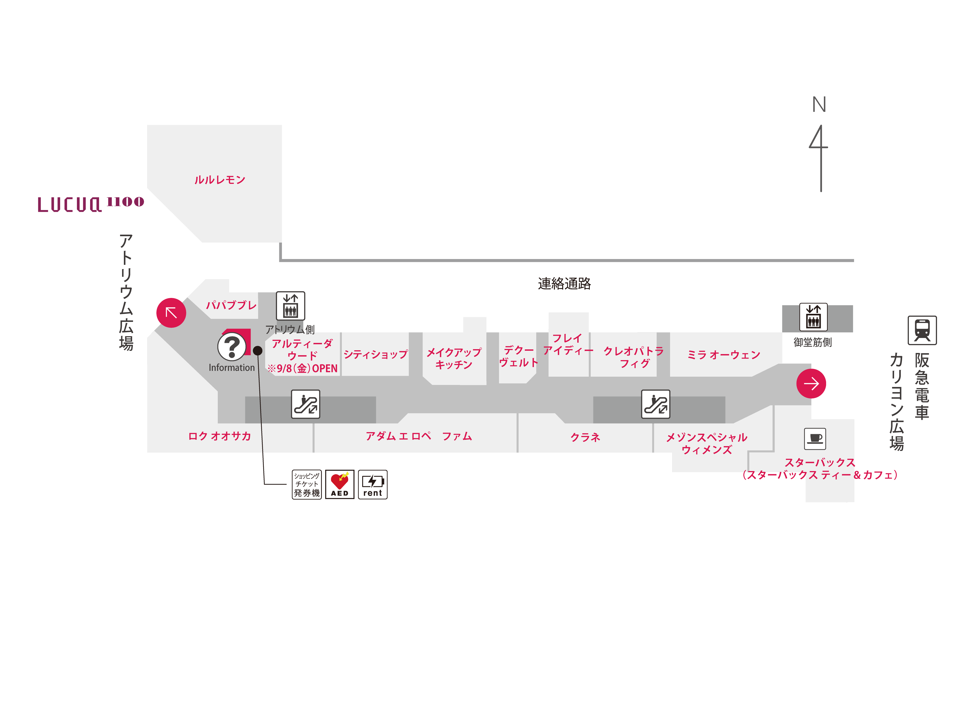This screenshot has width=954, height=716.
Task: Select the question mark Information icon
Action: pos(232,346)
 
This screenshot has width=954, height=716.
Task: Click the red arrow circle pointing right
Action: pos(811,383)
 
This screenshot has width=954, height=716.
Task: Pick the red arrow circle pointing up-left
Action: pos(171,312)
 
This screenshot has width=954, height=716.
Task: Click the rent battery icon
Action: pos(373,484)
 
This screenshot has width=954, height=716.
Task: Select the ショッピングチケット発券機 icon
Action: pos(307,484)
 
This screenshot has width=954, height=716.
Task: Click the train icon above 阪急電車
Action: pos(922,330)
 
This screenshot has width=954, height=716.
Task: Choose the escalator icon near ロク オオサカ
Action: pos(305,404)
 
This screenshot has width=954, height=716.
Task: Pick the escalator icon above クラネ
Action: pos(656,404)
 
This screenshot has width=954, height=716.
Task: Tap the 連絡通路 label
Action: pos(564,284)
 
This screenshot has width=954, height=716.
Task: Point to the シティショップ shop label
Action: pos(375,354)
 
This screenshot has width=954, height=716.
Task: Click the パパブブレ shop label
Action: pos(231,305)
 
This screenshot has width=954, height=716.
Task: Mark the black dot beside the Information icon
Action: pos(258,351)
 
